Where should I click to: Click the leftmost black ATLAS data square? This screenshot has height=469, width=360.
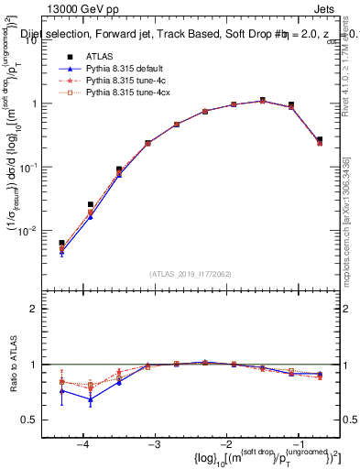[61, 243]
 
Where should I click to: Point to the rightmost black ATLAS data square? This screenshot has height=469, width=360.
[319, 139]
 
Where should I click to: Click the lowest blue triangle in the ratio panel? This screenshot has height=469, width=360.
[91, 399]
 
